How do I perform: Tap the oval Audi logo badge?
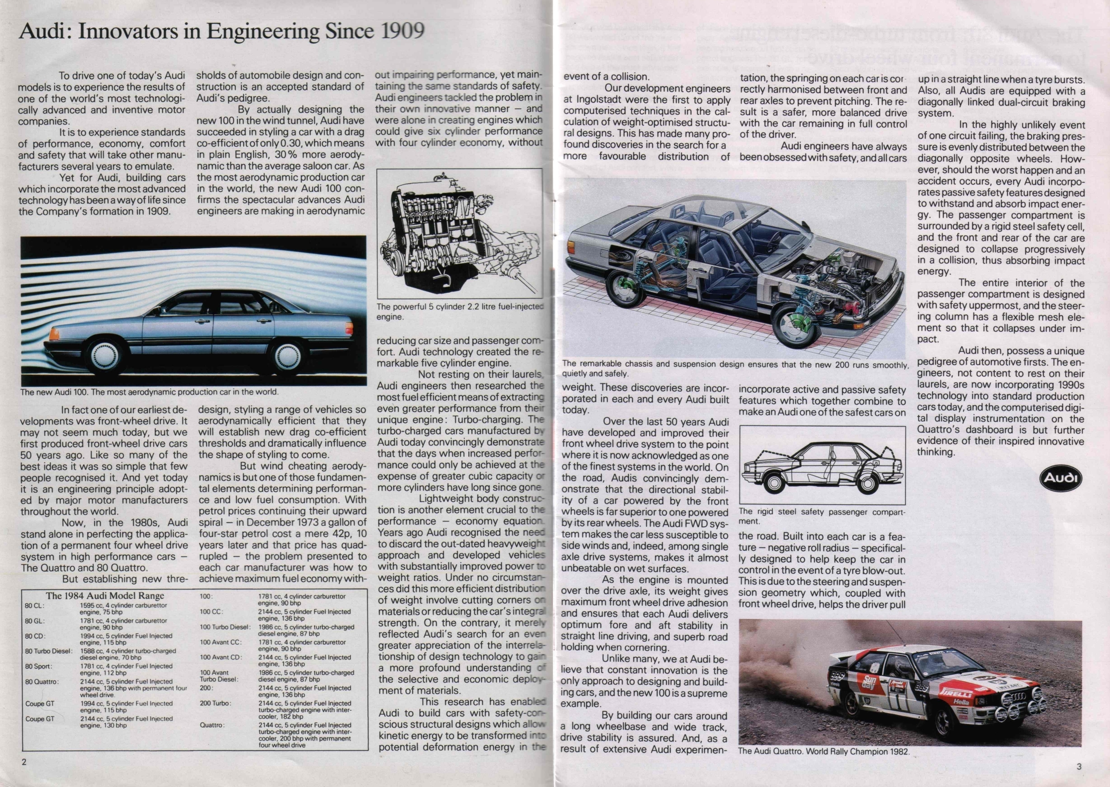(1060, 478)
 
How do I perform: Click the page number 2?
(24, 761)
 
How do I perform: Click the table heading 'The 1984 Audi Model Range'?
(105, 596)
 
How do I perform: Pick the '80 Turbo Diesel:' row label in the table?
(49, 651)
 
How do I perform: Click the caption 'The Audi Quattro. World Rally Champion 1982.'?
(823, 752)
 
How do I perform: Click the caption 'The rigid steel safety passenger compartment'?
(821, 516)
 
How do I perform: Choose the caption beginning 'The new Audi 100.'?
(149, 392)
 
